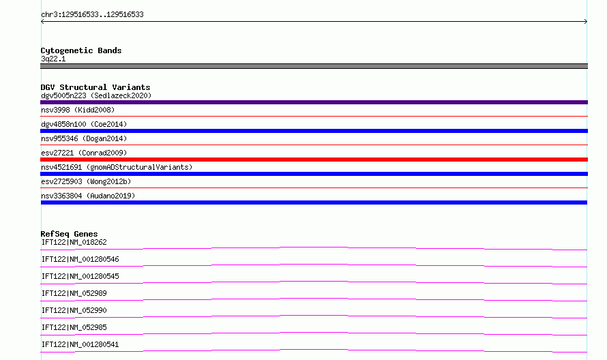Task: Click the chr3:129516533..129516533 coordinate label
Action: click(92, 15)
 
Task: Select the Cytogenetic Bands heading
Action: click(81, 50)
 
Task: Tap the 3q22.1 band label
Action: click(53, 59)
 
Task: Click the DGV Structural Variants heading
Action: click(95, 87)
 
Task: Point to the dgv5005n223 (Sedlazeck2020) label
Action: click(96, 95)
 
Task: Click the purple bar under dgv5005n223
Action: click(314, 102)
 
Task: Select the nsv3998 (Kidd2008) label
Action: click(78, 110)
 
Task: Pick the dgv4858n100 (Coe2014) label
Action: click(84, 124)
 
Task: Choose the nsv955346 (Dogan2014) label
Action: click(84, 138)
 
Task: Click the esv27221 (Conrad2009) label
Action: click(84, 153)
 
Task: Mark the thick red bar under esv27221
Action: click(314, 160)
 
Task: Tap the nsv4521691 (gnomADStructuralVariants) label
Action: click(117, 167)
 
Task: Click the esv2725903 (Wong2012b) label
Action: click(86, 181)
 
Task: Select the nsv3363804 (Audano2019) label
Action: click(88, 196)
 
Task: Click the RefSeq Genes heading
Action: click(69, 234)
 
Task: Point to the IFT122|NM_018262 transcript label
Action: click(74, 242)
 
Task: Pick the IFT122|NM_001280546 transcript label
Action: click(80, 259)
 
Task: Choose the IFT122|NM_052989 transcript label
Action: click(74, 293)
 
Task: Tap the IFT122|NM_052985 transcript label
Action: click(74, 327)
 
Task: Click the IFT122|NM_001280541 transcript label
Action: click(80, 344)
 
